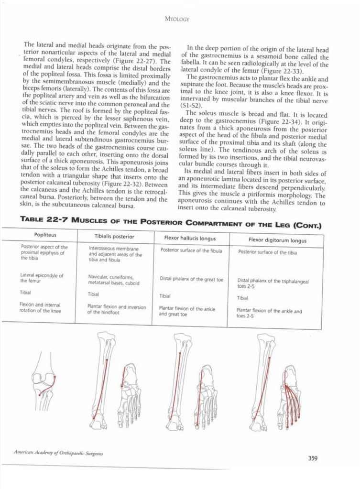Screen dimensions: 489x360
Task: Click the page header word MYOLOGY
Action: click(x=177, y=20)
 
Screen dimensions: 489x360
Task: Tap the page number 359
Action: click(x=313, y=458)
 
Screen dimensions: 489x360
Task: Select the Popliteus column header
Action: click(x=45, y=235)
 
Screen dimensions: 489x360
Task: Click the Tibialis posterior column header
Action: click(x=114, y=237)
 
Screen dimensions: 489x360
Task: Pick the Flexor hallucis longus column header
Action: click(x=190, y=238)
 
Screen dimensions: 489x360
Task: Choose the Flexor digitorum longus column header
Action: click(x=277, y=240)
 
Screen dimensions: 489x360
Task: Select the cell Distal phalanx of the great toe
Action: click(x=191, y=279)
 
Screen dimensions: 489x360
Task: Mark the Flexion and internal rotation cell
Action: click(x=40, y=307)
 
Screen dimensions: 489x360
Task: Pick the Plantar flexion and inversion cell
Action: click(x=117, y=309)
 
